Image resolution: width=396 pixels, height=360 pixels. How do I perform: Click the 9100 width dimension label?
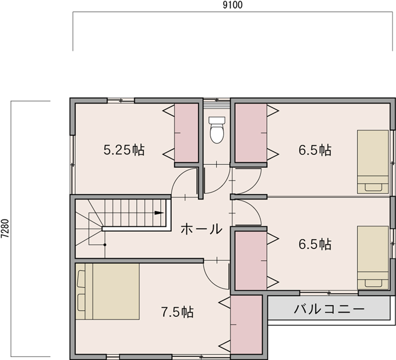click(232, 5)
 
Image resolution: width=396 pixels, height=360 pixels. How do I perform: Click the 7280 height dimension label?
click(5, 228)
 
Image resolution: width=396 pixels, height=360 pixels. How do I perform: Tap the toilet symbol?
click(217, 130)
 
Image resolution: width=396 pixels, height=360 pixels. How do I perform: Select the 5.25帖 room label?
click(124, 150)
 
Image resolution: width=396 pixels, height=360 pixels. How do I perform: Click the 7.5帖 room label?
click(178, 312)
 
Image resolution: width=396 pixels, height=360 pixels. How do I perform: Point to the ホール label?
click(201, 229)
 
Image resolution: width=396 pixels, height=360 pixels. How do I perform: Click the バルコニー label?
click(329, 309)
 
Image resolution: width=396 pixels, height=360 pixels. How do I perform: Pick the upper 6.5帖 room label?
click(315, 150)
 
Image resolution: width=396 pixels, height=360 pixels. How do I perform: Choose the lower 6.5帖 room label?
click(315, 244)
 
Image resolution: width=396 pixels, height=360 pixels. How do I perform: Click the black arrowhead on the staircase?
click(159, 213)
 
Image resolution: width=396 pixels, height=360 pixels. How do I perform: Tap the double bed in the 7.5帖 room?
click(107, 292)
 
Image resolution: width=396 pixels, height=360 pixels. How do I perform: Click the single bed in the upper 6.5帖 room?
click(373, 162)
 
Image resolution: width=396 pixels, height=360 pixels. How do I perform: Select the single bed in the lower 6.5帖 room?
click(373, 257)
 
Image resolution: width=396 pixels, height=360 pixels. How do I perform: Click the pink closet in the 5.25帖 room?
click(187, 133)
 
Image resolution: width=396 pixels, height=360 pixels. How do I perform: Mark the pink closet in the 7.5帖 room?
click(246, 325)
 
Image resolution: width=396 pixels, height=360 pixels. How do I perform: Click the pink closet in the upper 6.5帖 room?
click(251, 133)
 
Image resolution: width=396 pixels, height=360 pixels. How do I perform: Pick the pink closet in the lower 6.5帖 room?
click(251, 261)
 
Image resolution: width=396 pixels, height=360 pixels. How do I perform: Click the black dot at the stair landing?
click(105, 245)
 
